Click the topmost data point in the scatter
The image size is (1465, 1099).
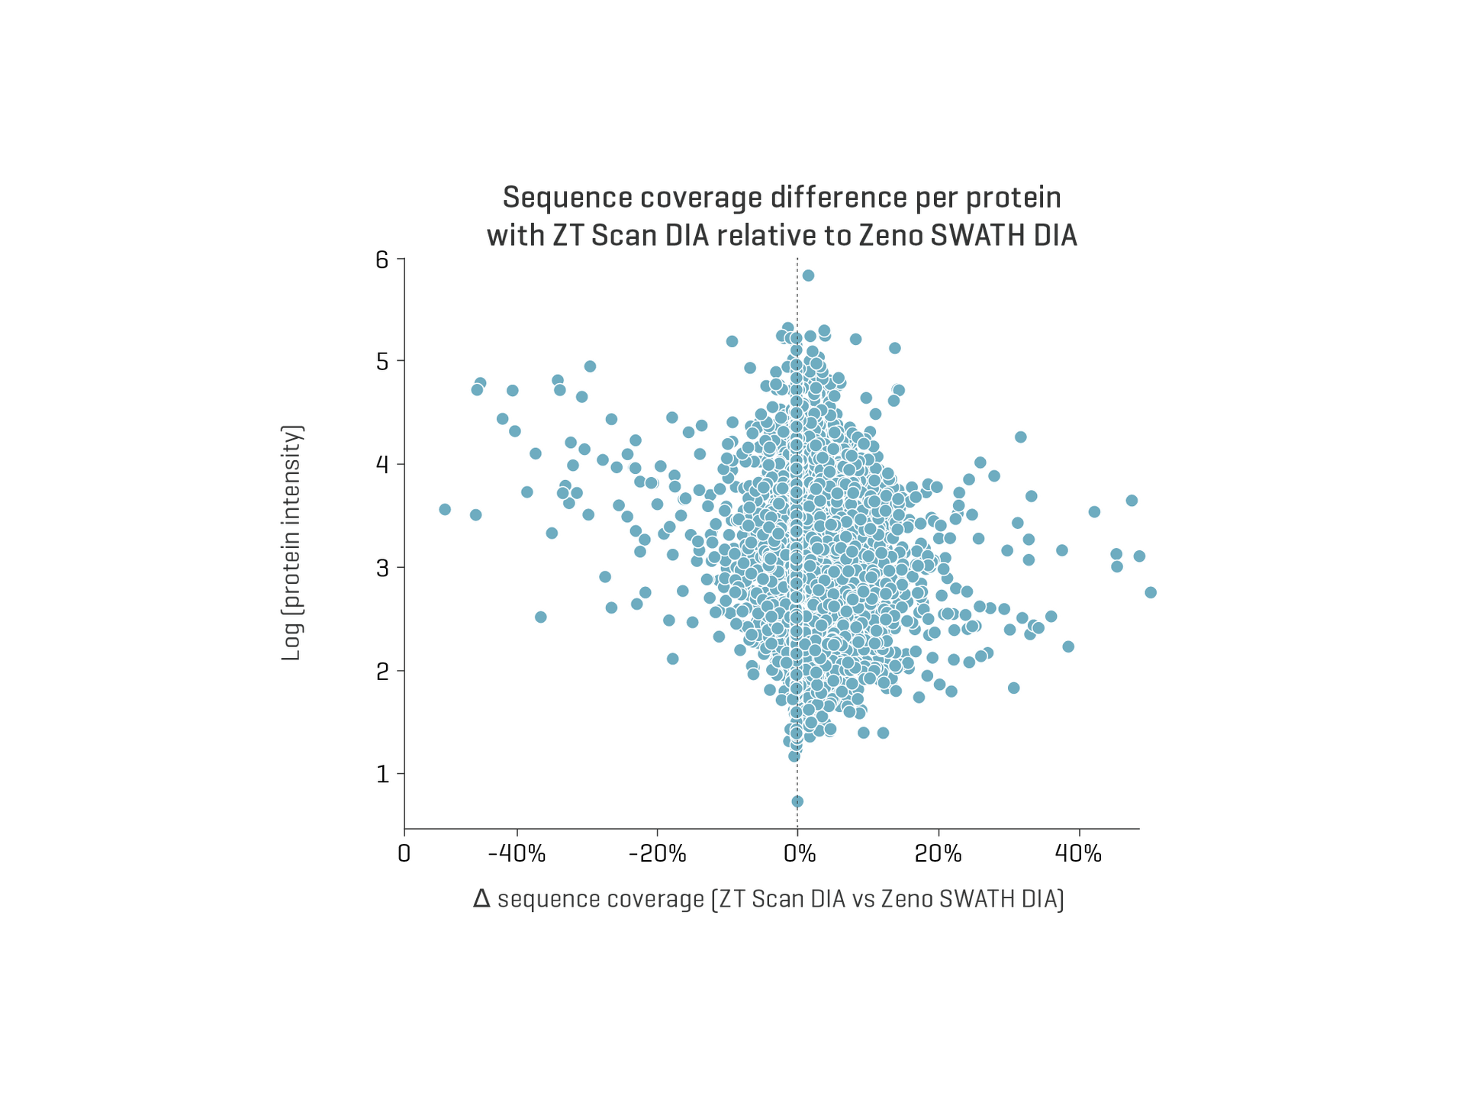point(809,276)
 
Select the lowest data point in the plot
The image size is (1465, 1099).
point(797,801)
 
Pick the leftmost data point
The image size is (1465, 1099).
point(446,509)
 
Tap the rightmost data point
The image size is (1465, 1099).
point(1151,592)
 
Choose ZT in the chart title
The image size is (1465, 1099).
point(566,237)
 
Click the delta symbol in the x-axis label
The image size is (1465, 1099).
point(481,899)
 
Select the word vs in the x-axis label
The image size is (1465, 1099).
point(862,899)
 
